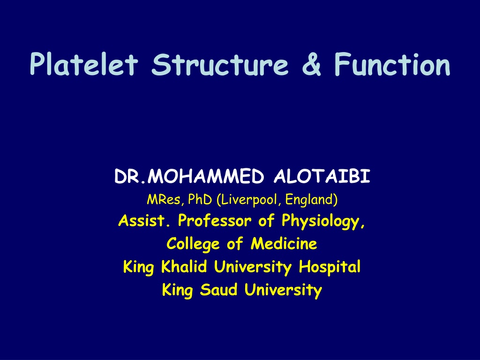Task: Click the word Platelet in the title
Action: (x=84, y=64)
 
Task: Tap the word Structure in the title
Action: (x=220, y=64)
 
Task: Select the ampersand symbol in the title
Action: (x=311, y=64)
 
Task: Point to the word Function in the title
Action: (x=392, y=64)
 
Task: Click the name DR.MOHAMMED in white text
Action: (x=189, y=176)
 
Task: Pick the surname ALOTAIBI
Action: (x=322, y=176)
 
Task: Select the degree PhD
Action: (x=200, y=200)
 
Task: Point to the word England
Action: (x=311, y=200)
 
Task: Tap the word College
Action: (x=193, y=244)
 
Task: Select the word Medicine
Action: (x=284, y=244)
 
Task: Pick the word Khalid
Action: (x=184, y=266)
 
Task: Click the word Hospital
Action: (x=330, y=267)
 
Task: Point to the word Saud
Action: (x=219, y=290)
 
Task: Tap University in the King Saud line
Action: (x=283, y=290)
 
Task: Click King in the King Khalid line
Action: (x=138, y=267)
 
